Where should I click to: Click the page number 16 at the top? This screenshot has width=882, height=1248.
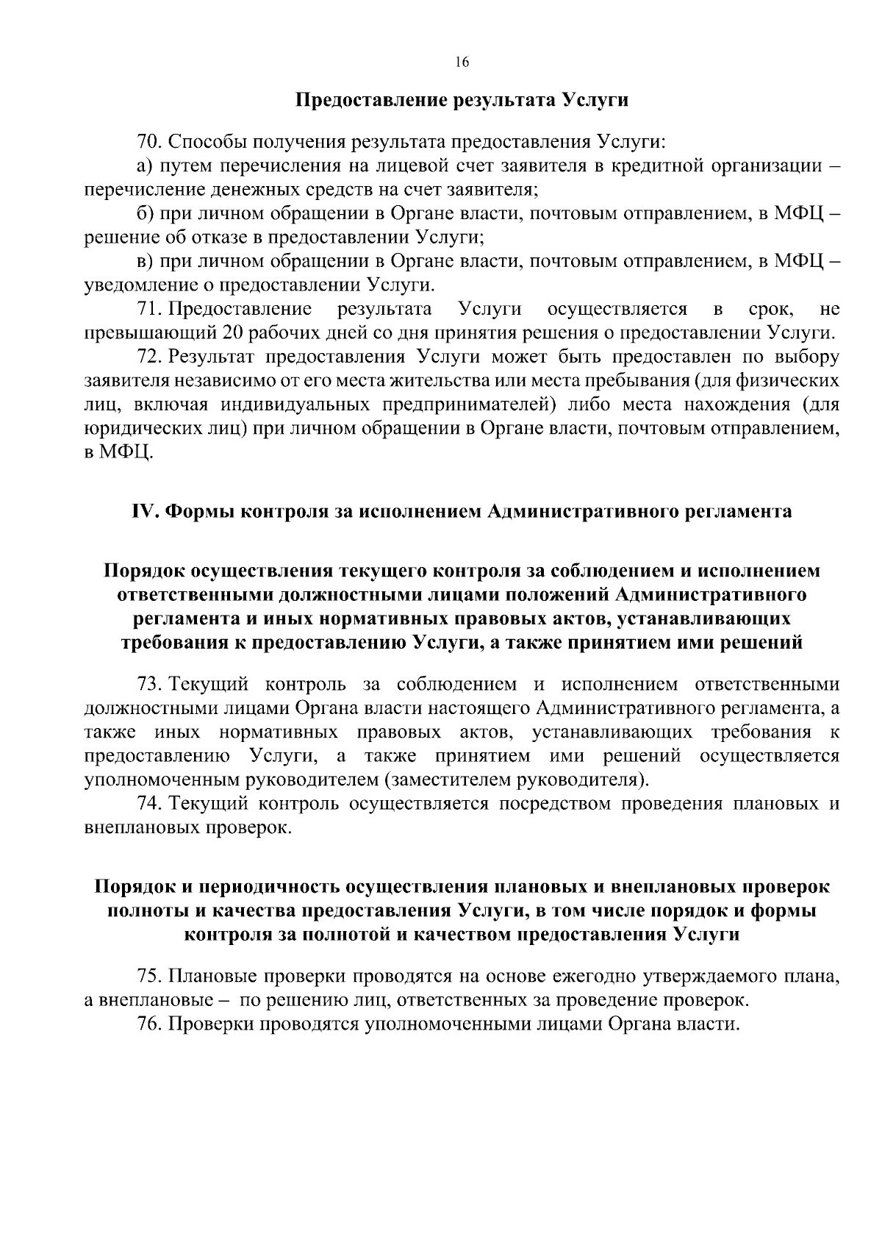point(462,62)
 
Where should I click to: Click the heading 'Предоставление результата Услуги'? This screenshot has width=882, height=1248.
point(462,99)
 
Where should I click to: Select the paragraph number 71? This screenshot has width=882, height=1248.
point(147,309)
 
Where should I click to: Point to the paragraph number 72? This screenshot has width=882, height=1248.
point(147,357)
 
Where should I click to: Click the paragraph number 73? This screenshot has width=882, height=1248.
point(147,685)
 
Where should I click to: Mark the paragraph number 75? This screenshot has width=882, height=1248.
point(147,977)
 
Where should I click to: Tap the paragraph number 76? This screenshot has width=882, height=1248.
point(147,1024)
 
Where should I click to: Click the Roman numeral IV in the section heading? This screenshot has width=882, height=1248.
point(143,512)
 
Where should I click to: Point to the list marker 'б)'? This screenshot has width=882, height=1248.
point(144,213)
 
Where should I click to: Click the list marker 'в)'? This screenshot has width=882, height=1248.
point(144,261)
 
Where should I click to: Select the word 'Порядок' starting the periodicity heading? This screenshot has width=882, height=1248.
point(134,887)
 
